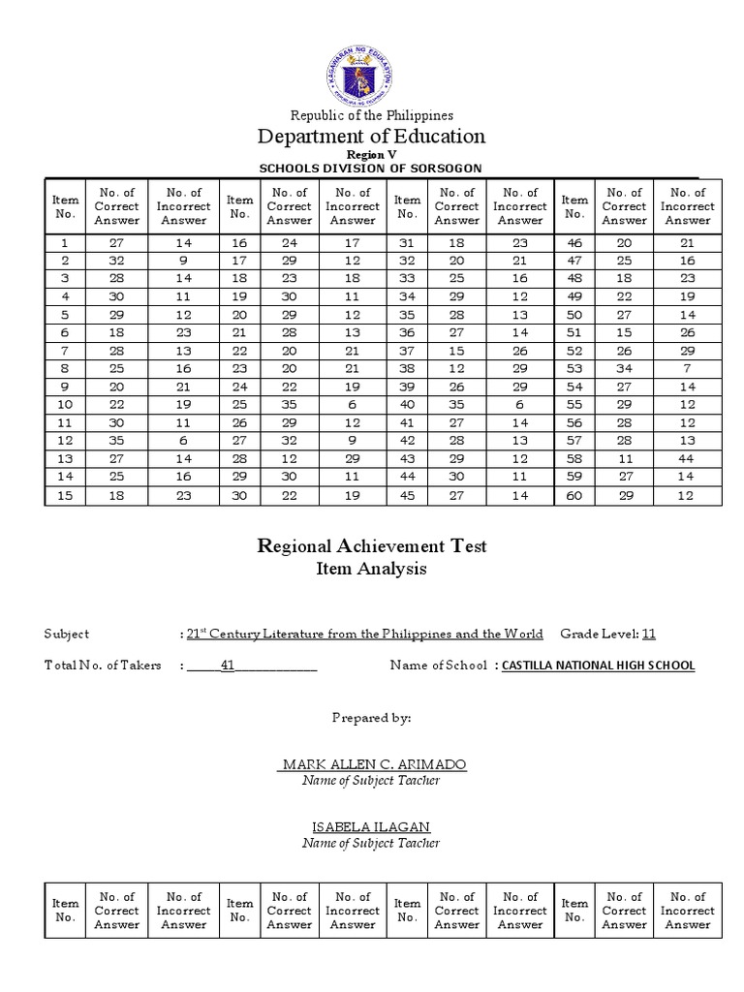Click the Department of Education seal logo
click(x=371, y=77)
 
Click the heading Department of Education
click(x=371, y=136)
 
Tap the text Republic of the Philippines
click(x=371, y=115)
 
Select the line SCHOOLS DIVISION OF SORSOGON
click(x=371, y=169)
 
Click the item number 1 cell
click(x=65, y=243)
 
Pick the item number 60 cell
click(x=574, y=496)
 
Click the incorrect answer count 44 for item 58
click(x=688, y=460)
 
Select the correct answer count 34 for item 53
click(x=624, y=369)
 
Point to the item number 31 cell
click(x=407, y=243)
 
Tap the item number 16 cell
click(x=239, y=243)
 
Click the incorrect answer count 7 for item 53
click(x=688, y=369)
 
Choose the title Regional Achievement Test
click(x=371, y=546)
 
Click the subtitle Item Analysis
click(x=371, y=570)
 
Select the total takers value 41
click(x=229, y=666)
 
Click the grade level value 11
click(x=649, y=635)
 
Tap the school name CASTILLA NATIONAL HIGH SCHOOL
click(x=598, y=666)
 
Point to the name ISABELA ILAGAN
click(x=371, y=826)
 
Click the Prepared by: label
click(x=371, y=718)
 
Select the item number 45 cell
click(x=407, y=496)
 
